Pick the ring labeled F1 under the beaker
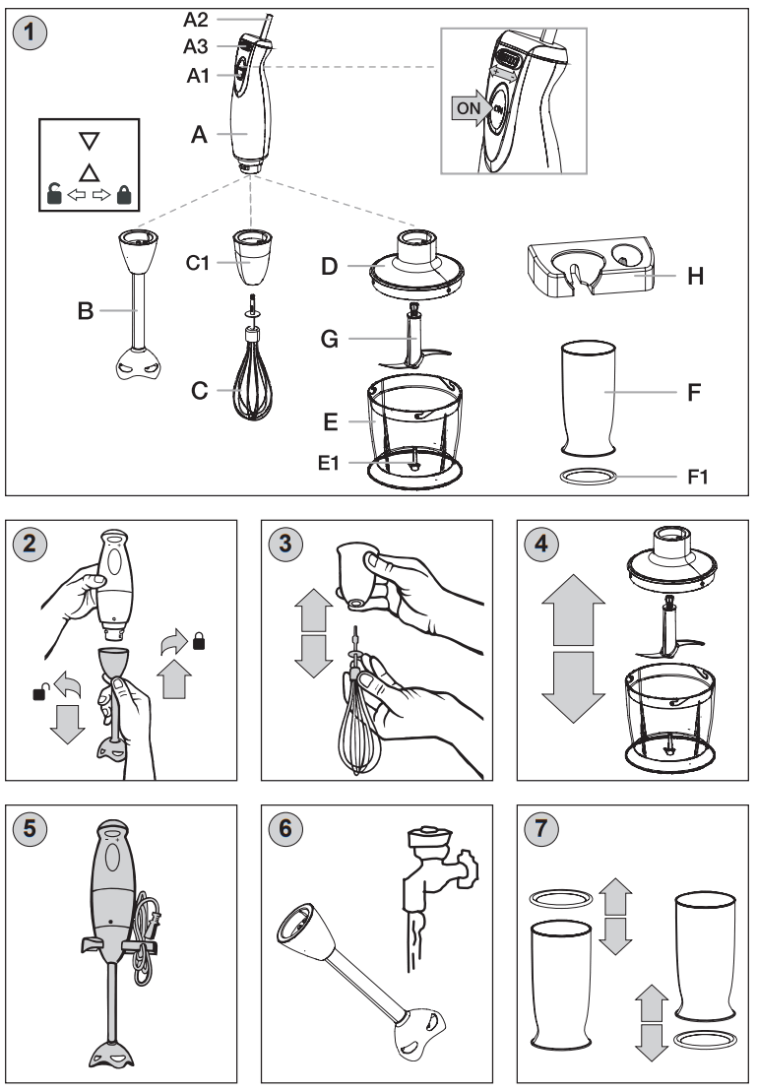pyautogui.click(x=588, y=477)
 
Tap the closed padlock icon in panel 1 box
pyautogui.click(x=123, y=194)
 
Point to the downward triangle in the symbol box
pyautogui.click(x=90, y=141)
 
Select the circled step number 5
pyautogui.click(x=31, y=829)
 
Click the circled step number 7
pyautogui.click(x=542, y=829)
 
